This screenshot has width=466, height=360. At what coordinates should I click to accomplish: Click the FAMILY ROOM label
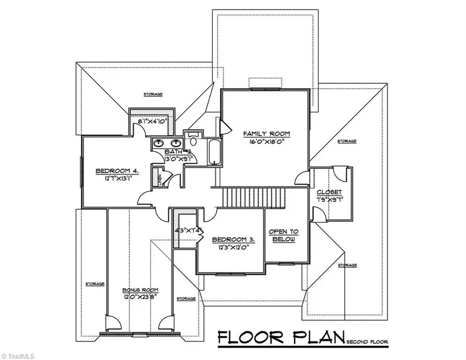(x=267, y=134)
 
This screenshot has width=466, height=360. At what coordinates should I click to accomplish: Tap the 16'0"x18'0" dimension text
(x=267, y=141)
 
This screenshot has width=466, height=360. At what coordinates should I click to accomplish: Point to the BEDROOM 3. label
(x=233, y=239)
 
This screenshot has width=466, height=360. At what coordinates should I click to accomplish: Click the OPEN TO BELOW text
(x=284, y=236)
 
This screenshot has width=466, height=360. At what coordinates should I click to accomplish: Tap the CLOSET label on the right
(x=327, y=191)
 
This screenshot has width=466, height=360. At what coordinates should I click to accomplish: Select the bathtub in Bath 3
(x=214, y=152)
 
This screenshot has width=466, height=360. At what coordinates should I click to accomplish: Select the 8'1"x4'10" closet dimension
(x=151, y=123)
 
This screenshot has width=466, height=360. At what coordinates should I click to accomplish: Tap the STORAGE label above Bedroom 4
(x=153, y=94)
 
